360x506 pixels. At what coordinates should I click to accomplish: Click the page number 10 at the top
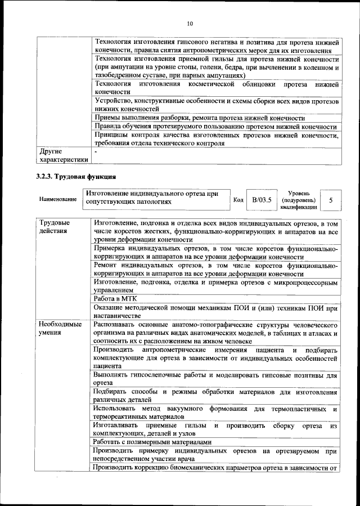(190, 23)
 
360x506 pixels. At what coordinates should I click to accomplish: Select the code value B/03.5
(261, 200)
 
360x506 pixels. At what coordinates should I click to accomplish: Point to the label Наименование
(58, 200)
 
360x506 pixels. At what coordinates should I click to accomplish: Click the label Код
(238, 200)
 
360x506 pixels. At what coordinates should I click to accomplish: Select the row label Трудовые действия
(55, 227)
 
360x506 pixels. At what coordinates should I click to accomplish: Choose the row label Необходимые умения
(60, 329)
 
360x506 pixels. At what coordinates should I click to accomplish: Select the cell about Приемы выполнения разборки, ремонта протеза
(199, 118)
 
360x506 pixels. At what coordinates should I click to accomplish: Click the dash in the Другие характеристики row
(96, 152)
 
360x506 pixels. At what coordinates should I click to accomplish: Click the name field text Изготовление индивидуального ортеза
(151, 197)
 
